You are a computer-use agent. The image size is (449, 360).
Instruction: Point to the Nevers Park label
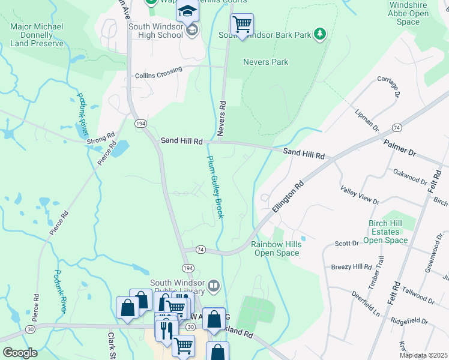coord(265,62)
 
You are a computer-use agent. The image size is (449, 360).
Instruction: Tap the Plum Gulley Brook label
coord(215,187)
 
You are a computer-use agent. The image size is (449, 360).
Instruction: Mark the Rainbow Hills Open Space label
coord(275,248)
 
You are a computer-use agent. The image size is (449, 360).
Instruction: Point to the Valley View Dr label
coord(360,196)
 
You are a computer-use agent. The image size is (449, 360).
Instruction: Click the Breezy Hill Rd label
coord(352,266)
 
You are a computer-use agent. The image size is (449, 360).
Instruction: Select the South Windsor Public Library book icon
coord(214,284)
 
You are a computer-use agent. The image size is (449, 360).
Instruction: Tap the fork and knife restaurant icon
coord(166,329)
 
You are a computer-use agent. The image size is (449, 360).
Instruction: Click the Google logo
coord(20,353)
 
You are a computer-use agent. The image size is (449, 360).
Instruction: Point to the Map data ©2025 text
coord(423,355)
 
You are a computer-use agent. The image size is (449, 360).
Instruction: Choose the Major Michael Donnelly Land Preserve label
coord(37,35)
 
